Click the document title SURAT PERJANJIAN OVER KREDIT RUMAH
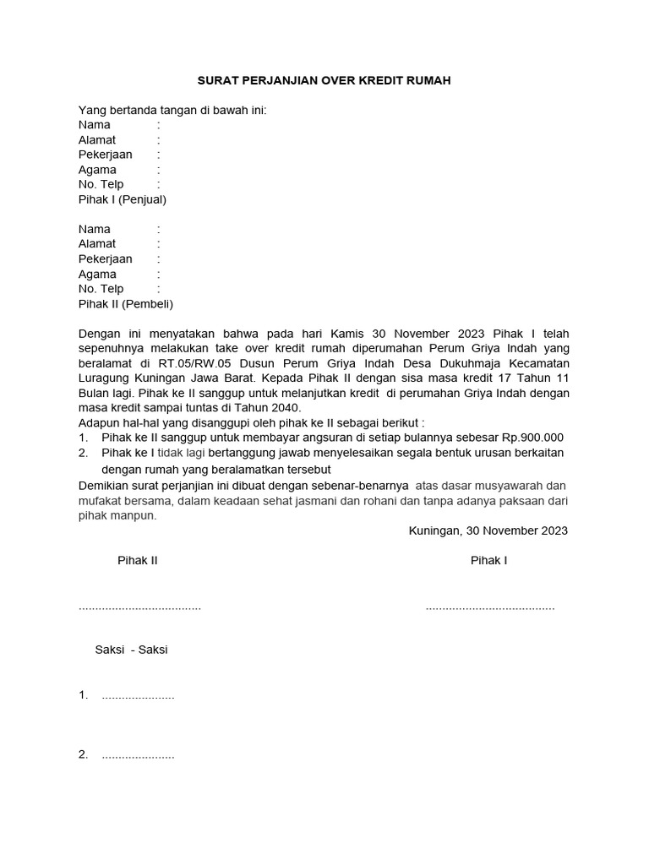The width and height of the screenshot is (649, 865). (324, 80)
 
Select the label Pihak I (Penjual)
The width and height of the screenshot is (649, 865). (123, 199)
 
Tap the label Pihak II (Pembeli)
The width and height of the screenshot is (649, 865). (126, 304)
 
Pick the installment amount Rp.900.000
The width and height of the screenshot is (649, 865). (533, 438)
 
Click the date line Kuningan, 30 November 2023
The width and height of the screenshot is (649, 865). (488, 530)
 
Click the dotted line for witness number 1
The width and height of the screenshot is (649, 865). (138, 696)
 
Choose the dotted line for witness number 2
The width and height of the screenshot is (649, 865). (138, 755)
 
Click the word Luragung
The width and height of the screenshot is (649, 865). (105, 379)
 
